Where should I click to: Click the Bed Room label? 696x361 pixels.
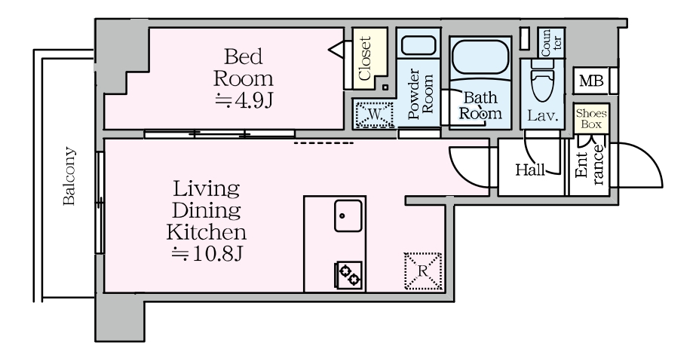coord(244,67)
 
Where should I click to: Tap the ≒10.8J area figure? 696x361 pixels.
coord(207,254)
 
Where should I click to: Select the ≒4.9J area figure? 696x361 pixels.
coord(244,101)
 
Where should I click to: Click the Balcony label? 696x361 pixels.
coord(69,176)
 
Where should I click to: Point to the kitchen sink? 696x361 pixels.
coord(348,216)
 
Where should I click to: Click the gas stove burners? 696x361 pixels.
coord(349,274)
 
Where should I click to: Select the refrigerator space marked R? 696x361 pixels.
coord(423,271)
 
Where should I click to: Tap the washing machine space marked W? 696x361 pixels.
coord(375,115)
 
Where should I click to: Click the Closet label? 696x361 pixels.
coord(364,59)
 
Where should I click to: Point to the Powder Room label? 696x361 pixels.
coord(420,94)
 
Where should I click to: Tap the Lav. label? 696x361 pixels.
coord(542,116)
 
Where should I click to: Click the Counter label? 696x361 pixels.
coord(551,43)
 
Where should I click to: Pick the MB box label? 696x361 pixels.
coord(592,81)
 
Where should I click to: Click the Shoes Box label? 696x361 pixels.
coord(591,119)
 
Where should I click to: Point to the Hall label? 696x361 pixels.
coord(530,170)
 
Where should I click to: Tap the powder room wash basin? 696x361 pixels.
coord(418,46)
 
